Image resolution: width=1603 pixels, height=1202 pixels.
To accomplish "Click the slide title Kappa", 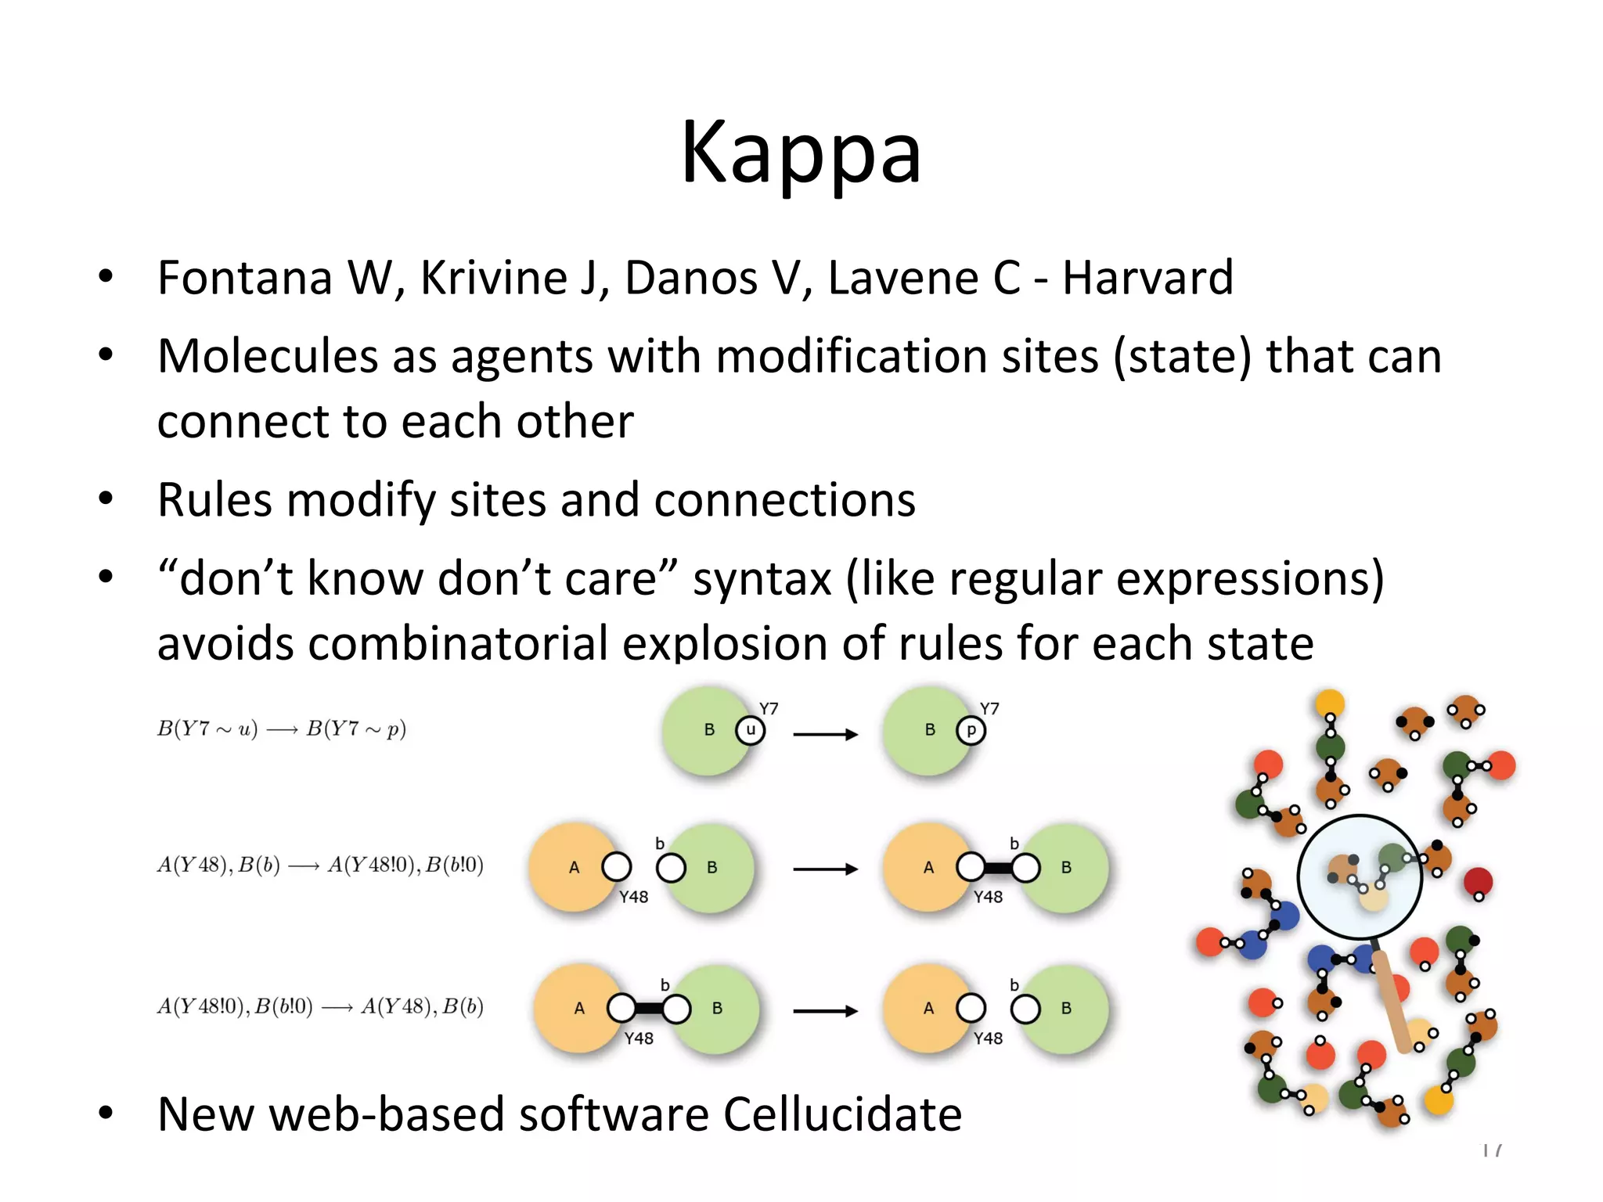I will coord(801,153).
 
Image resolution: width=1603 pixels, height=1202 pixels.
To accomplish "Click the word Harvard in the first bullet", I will coord(1147,278).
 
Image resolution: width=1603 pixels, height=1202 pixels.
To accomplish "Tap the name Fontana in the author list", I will coord(245,278).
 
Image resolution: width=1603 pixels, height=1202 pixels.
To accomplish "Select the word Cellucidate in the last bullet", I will coord(842,1114).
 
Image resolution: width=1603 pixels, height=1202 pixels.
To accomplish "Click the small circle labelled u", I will coord(750,731).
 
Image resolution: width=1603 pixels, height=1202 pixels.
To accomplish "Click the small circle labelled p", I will coord(971,731).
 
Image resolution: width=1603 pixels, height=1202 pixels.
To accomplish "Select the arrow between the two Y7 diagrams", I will coord(825,734).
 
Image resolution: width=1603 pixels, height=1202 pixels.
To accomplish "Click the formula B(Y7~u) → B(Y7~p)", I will coord(282,729).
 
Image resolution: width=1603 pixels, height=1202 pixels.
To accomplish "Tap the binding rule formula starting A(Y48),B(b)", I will coord(320,866).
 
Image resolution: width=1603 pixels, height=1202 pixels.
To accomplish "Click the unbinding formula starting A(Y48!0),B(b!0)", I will coord(320,1006).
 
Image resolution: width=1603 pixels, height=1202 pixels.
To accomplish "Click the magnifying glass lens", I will coord(1360,876).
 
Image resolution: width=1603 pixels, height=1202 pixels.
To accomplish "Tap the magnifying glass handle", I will coord(1394,1002).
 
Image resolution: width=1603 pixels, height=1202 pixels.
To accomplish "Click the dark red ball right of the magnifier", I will coord(1478,881).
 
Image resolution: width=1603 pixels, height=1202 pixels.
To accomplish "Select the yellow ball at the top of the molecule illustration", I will coord(1330,703).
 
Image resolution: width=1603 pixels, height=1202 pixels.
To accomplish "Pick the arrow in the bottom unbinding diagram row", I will coord(825,1011).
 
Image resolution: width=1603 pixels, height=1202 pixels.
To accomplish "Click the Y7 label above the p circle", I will coord(989,709).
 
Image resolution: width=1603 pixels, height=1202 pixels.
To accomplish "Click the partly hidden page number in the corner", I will coord(1492,1150).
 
